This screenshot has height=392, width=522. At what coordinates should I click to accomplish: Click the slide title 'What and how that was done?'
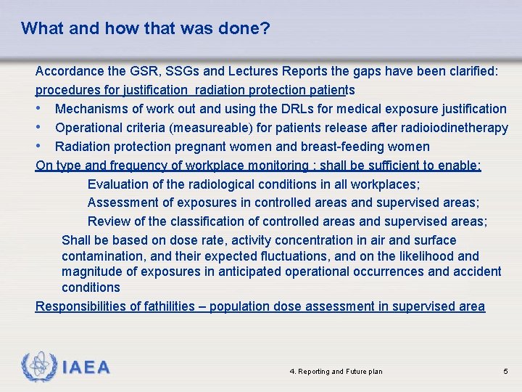click(x=145, y=28)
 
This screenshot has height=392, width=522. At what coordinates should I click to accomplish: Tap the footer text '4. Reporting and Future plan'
click(x=336, y=372)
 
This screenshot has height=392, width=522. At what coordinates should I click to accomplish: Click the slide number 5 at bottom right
click(x=505, y=372)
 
